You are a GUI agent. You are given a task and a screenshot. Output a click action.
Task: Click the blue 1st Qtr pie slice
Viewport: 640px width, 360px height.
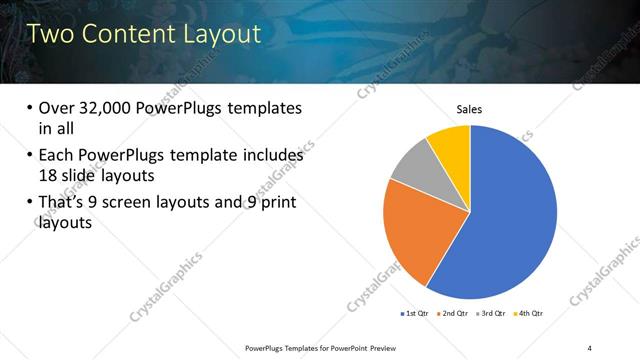pos(510,220)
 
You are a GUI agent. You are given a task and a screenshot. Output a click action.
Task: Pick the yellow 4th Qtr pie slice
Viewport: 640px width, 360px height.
pos(451,146)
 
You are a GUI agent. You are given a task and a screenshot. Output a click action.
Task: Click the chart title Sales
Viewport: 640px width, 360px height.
pos(470,109)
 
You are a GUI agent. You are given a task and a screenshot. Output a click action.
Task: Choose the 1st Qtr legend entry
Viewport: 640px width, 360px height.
pos(415,313)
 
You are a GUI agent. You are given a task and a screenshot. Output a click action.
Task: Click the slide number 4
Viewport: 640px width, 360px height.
pos(589,347)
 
